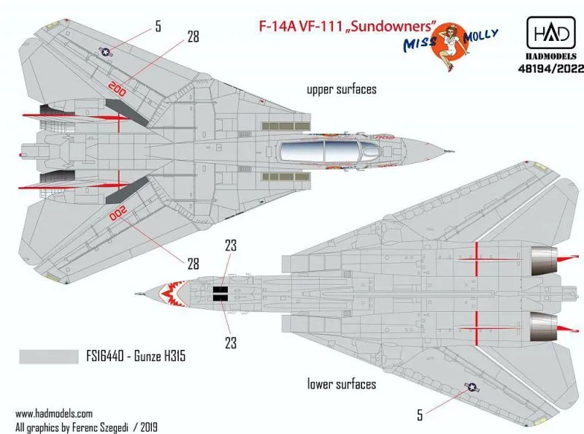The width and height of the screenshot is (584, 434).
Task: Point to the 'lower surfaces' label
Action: click(x=342, y=384)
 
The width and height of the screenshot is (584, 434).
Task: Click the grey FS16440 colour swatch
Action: click(x=45, y=357)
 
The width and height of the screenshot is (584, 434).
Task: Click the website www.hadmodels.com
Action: click(x=53, y=412)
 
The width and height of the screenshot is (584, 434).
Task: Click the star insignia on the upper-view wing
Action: click(x=107, y=53)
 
